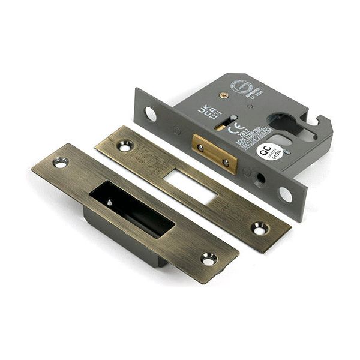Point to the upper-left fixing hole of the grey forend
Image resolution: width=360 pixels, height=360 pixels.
click(x=150, y=113)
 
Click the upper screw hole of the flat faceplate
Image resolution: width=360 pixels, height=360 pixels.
click(x=125, y=145)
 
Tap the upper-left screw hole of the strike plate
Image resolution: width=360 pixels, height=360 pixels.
click(x=61, y=161)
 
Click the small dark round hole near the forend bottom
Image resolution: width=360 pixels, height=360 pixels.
click(x=260, y=178)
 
